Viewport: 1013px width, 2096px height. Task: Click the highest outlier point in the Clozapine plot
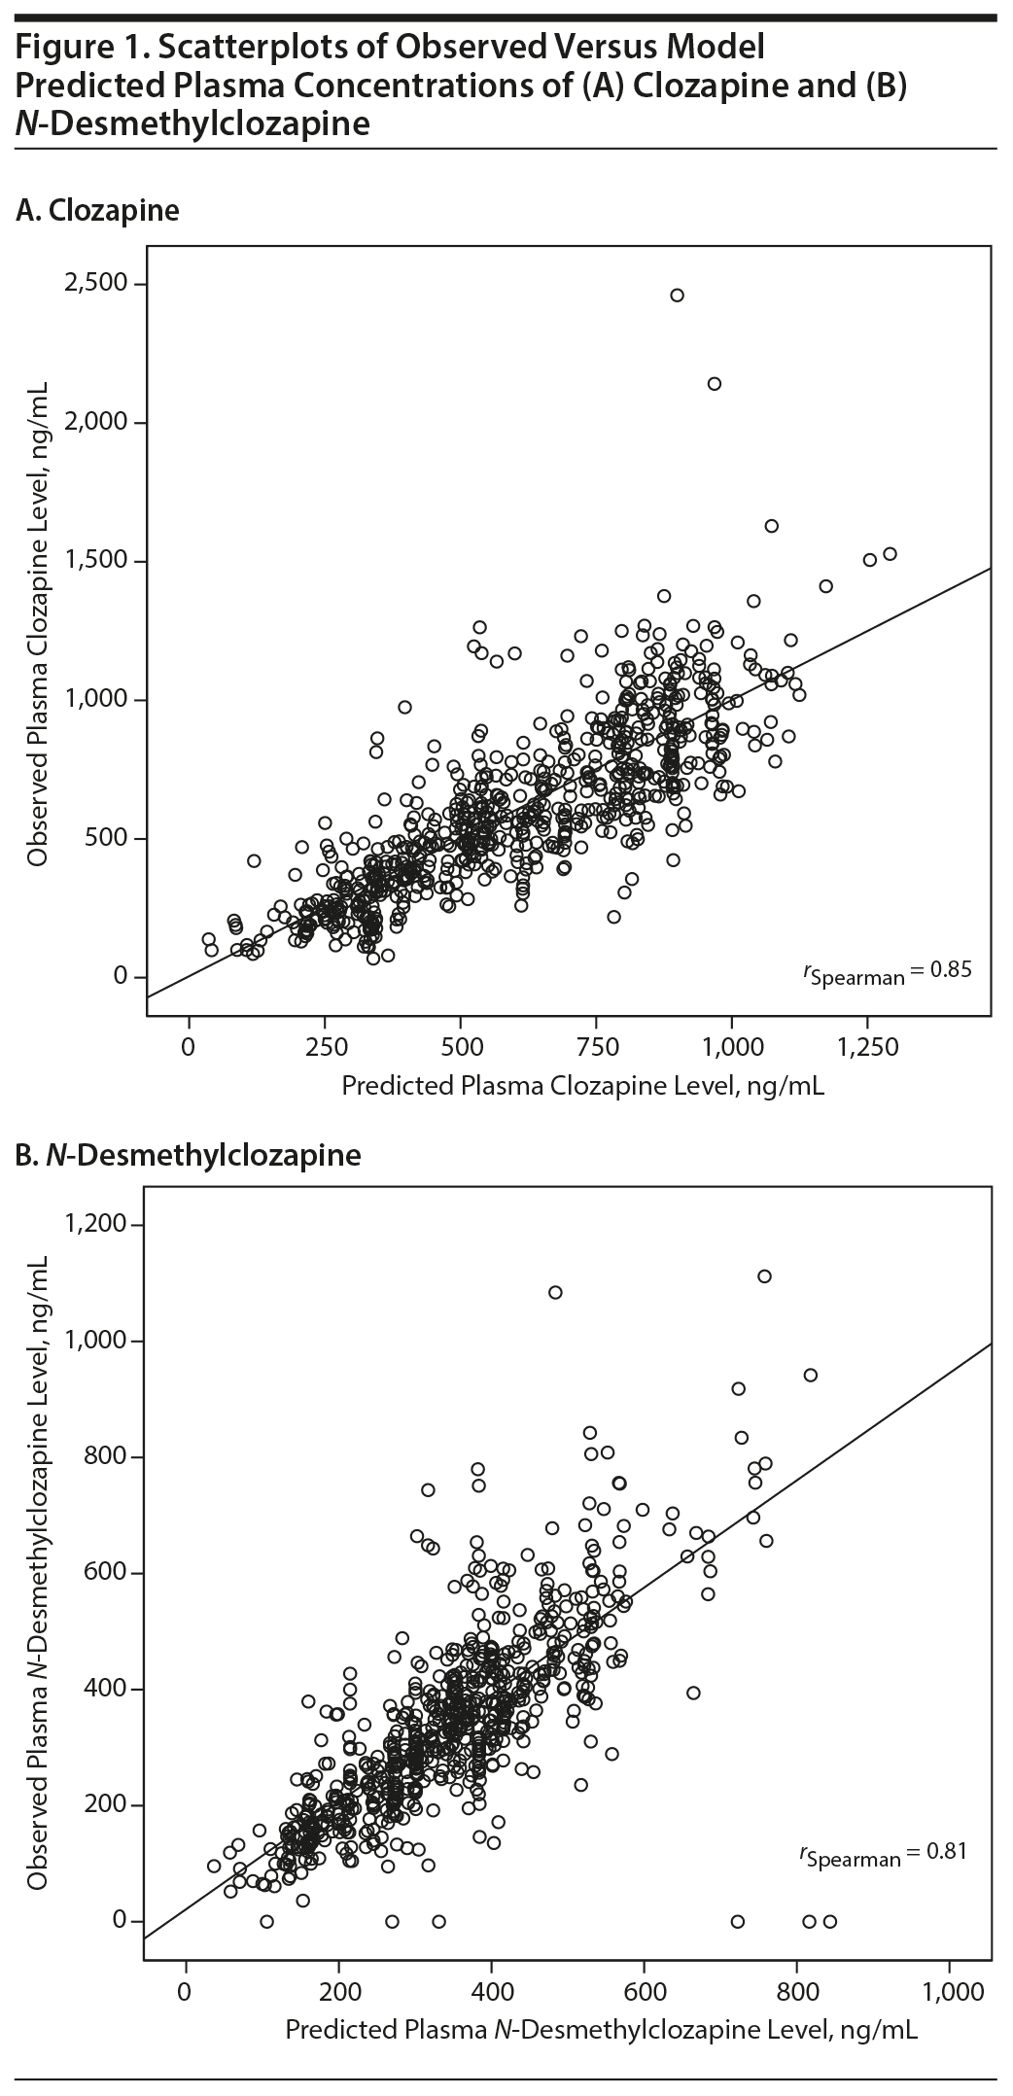tap(677, 296)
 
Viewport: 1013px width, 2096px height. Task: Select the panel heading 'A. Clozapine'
tap(98, 211)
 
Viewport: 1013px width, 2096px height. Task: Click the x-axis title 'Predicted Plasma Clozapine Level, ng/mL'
tap(582, 1086)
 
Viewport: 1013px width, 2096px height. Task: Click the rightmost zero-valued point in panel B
tap(829, 1921)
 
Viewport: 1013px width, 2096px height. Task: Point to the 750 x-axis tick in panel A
tap(595, 1047)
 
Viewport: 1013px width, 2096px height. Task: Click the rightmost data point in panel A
tap(889, 554)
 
